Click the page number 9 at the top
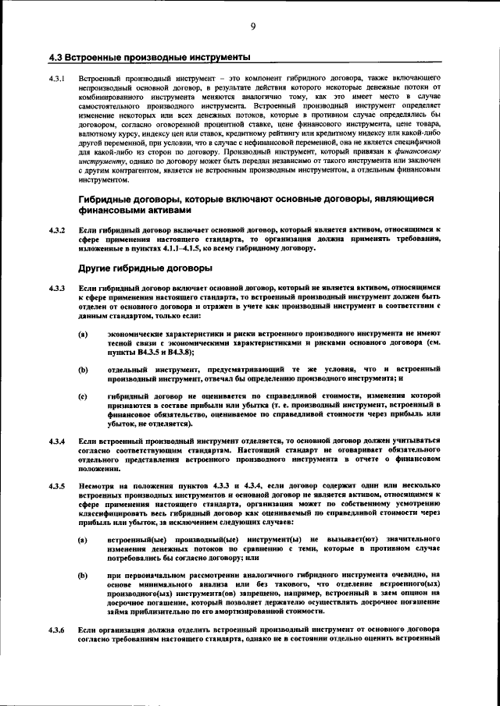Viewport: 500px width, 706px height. click(x=253, y=27)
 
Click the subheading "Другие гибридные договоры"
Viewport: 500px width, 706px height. click(x=145, y=268)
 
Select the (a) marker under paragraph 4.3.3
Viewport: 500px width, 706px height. click(x=83, y=333)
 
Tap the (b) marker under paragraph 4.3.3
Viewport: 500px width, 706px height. click(x=83, y=368)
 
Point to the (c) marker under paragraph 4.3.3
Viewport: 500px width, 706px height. click(x=83, y=396)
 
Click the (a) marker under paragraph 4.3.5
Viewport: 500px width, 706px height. click(x=83, y=540)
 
